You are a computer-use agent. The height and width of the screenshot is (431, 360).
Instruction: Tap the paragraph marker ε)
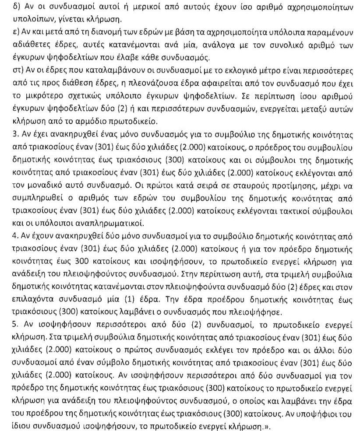point(6,33)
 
